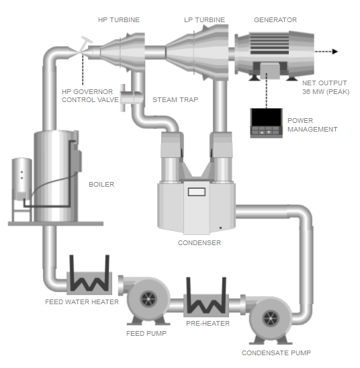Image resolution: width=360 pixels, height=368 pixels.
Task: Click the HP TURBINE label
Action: tap(119, 20)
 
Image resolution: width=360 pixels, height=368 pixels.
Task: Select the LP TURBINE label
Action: tap(204, 20)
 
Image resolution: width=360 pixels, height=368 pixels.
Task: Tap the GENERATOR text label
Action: tap(275, 20)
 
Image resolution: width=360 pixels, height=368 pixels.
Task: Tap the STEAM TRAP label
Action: tap(175, 100)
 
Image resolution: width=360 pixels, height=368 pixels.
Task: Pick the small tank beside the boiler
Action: tap(21, 180)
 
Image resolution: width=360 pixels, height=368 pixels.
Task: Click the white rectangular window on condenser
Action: tap(196, 193)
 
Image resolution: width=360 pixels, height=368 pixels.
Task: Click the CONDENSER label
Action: tap(199, 243)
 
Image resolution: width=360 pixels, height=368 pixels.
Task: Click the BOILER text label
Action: tap(101, 184)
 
